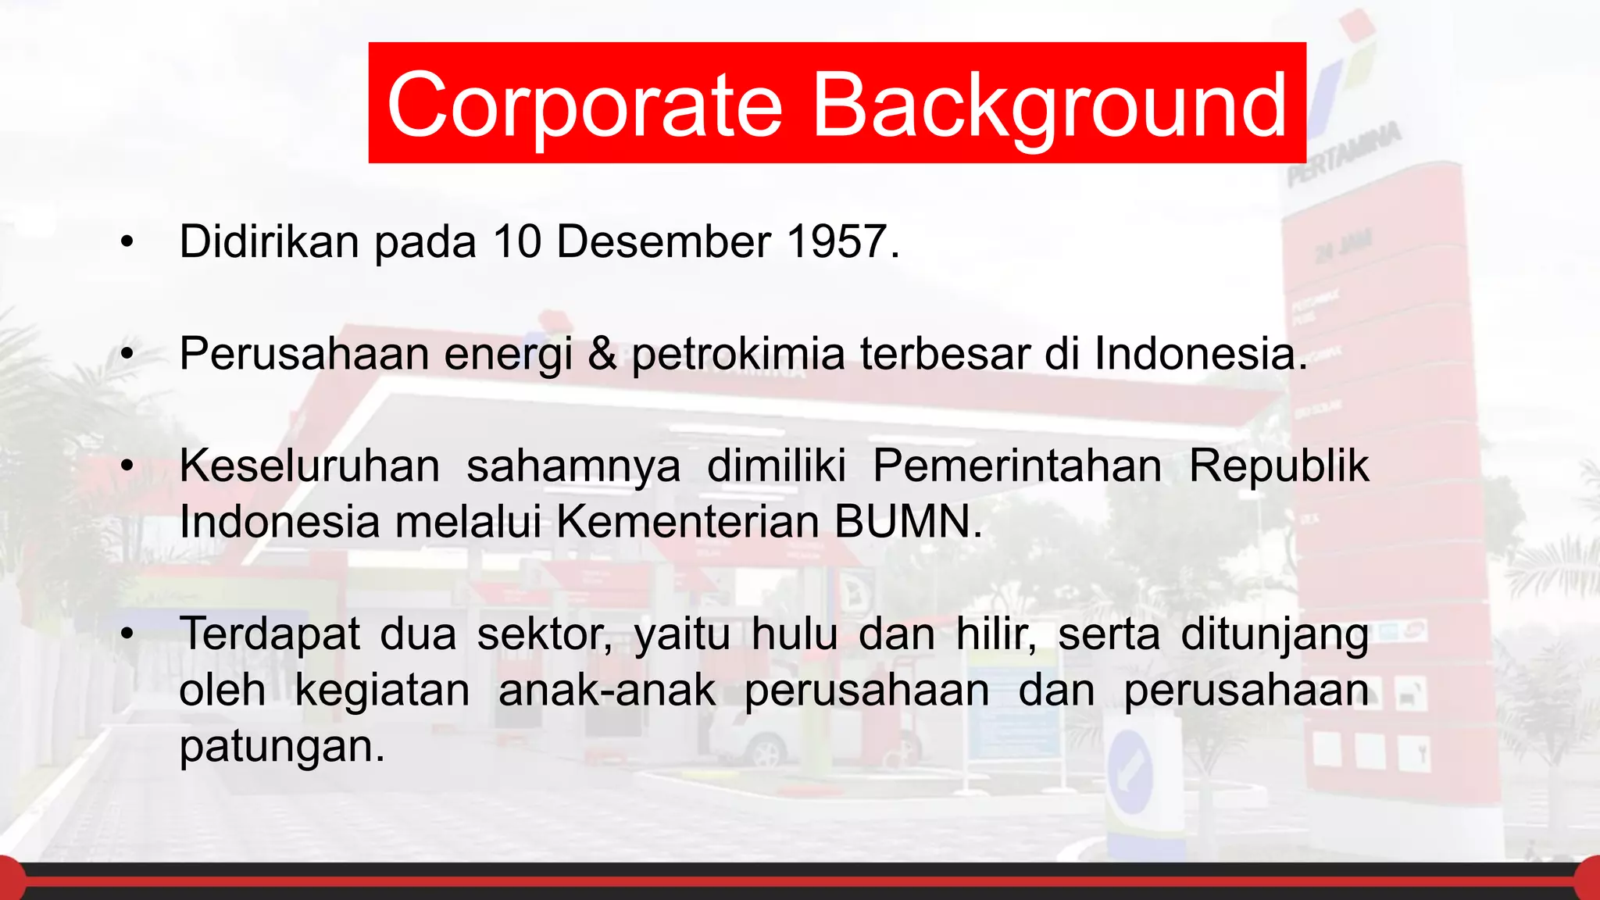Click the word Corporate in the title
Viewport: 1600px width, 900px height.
coord(584,105)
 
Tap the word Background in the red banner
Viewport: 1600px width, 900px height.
coord(1049,105)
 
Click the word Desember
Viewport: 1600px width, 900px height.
coord(663,241)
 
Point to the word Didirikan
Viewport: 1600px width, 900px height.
coord(269,241)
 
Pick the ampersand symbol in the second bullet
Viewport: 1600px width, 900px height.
coord(602,353)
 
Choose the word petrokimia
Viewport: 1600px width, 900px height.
coord(738,354)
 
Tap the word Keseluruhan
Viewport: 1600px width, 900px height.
coord(309,466)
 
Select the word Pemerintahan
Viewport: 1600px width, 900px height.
coord(1017,466)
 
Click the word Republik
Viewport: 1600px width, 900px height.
coord(1278,466)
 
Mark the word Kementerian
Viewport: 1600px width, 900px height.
coord(687,522)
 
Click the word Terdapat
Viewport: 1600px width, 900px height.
coord(270,634)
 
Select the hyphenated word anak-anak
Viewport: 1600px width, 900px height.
coord(607,691)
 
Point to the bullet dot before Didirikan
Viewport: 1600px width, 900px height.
coord(127,242)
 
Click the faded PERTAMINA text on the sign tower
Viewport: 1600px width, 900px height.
coord(1344,154)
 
